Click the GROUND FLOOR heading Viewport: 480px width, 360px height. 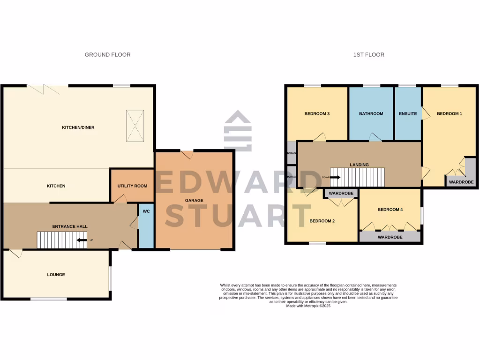[107, 55]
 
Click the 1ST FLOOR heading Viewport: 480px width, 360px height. [368, 55]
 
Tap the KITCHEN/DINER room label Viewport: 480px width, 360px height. [79, 127]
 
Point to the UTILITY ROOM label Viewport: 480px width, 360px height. [132, 186]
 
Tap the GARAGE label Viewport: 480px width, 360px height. [194, 201]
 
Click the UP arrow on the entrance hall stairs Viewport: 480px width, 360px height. [82, 240]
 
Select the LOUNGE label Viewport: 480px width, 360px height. [56, 275]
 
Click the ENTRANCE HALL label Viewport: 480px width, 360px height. [70, 226]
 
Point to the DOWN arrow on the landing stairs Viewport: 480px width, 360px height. [335, 177]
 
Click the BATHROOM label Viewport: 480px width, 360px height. [371, 113]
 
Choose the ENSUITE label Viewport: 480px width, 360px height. [408, 113]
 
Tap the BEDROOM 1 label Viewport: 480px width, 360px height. [450, 113]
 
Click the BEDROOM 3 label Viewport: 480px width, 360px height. [317, 113]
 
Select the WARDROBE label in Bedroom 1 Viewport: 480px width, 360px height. [461, 182]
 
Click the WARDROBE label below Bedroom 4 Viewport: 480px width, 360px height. [390, 237]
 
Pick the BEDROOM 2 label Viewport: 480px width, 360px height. [322, 221]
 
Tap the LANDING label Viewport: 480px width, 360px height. [359, 165]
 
